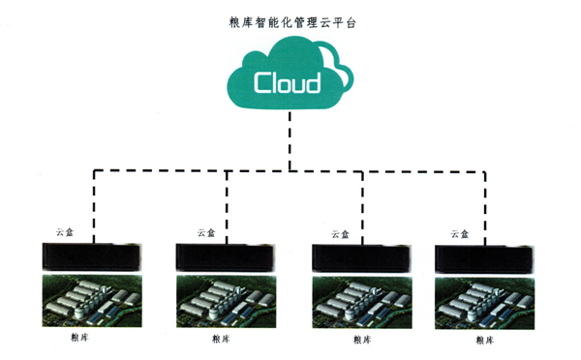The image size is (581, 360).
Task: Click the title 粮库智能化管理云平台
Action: coord(290,19)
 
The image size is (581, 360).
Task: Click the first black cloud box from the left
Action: coord(94,256)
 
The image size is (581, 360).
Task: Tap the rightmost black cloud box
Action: coord(484,257)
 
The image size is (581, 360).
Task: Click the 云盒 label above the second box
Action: coord(205,232)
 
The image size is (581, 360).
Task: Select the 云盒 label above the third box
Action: coord(340,233)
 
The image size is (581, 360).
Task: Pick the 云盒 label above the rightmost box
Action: coord(460,233)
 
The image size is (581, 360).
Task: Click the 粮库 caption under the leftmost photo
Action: coord(80,340)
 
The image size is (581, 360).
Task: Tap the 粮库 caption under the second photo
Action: coord(221,340)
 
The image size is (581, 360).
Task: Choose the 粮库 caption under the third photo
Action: coord(362,340)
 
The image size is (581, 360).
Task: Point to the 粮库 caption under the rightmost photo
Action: coord(482,340)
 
